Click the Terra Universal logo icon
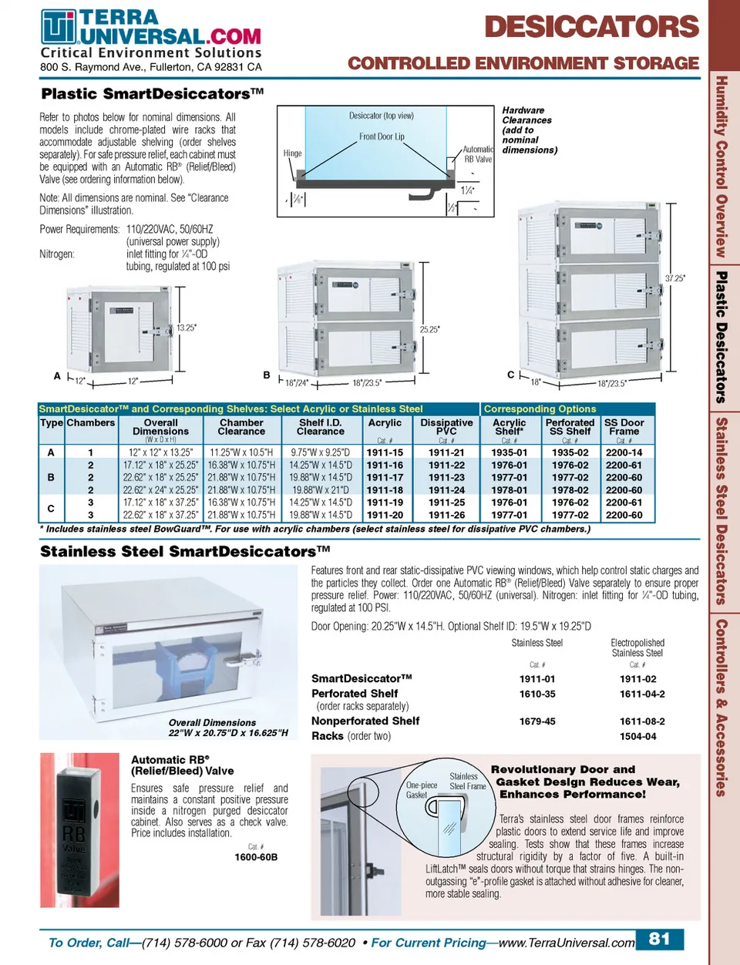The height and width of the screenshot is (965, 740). [x=59, y=27]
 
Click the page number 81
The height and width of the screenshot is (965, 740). [x=659, y=939]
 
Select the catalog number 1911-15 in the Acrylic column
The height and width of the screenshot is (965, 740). [x=385, y=453]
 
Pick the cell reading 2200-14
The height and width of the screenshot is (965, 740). [x=624, y=453]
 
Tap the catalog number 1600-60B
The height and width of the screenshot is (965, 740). [x=256, y=857]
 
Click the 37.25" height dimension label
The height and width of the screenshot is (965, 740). [x=674, y=278]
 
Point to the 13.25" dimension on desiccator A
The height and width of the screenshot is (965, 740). [x=187, y=328]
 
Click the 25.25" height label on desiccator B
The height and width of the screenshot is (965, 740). [x=429, y=330]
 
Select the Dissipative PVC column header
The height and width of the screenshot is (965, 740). [x=446, y=427]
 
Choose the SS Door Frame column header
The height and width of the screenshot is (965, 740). [x=624, y=427]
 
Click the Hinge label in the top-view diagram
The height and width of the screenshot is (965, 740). [x=292, y=153]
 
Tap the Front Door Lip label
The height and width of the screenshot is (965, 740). [x=382, y=137]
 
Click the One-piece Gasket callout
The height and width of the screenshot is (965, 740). [x=421, y=790]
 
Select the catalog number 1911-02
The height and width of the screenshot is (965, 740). [x=637, y=679]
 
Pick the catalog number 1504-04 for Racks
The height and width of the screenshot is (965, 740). [x=637, y=736]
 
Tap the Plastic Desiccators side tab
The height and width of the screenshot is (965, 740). [x=721, y=337]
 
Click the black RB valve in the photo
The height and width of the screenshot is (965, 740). [x=74, y=825]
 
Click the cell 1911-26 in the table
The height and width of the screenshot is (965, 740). [x=446, y=515]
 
